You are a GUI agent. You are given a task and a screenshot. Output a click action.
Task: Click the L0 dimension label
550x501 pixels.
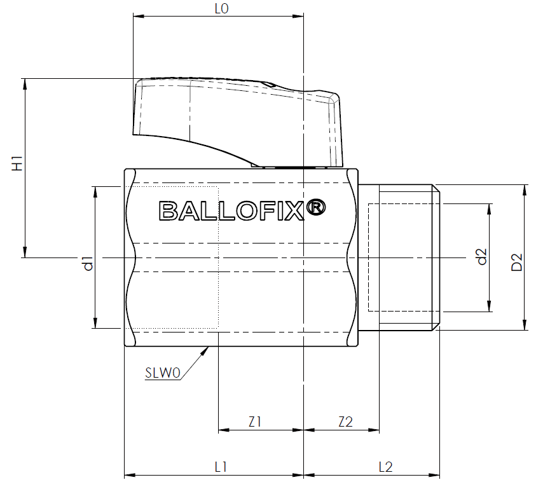pos(221,8)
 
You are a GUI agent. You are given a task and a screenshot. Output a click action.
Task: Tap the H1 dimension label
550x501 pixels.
pos(17,163)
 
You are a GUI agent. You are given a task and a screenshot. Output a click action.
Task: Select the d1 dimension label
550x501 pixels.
pos(88,263)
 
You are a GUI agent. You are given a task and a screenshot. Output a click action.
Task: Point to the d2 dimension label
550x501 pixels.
pos(483,256)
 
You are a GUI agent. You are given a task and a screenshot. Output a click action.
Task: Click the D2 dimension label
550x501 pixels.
pos(517,262)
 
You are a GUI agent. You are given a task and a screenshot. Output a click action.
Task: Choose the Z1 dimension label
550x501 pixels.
pos(255,422)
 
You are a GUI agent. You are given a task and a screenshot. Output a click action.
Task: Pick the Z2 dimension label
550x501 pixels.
pos(345,422)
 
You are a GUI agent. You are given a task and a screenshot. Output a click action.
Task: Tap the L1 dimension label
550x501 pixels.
pos(221,467)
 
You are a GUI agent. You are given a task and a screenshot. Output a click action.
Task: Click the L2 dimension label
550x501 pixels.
pos(385,467)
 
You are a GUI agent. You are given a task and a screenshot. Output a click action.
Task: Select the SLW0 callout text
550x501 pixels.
pos(163,373)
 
